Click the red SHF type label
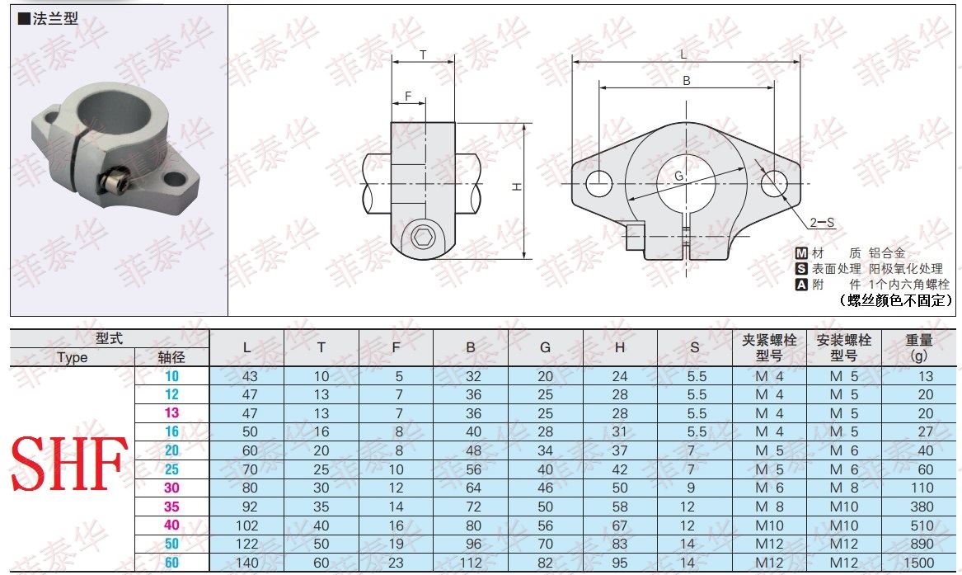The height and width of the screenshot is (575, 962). (68, 464)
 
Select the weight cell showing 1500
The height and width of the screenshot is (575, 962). (918, 562)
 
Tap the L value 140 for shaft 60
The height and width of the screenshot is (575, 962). (247, 562)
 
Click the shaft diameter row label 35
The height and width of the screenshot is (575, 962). (171, 507)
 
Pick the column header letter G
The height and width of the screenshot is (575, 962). (546, 347)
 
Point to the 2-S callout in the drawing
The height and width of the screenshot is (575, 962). (822, 222)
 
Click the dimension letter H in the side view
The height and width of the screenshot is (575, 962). (517, 186)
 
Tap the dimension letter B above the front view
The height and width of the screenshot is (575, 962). (687, 80)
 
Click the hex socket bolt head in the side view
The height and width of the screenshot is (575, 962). (422, 237)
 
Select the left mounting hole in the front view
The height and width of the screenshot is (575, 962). (598, 183)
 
